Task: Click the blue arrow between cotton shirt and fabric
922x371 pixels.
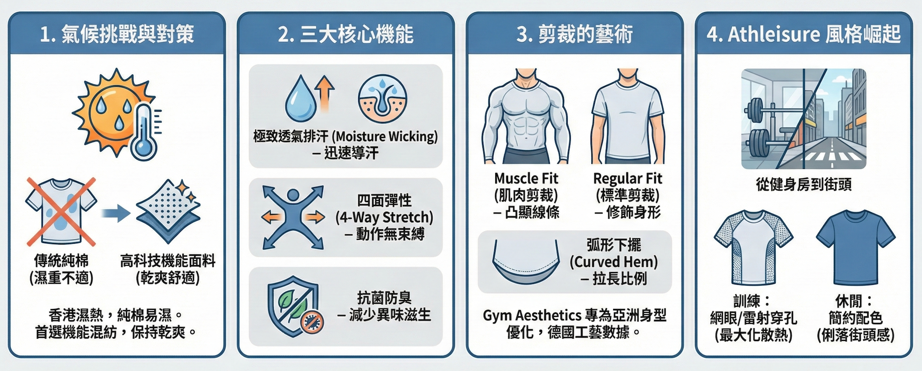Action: [115, 213]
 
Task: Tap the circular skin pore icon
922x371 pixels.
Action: [382, 99]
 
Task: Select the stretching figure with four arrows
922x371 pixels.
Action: [293, 217]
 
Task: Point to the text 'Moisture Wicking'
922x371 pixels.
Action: [384, 136]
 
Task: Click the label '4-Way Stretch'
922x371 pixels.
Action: [384, 217]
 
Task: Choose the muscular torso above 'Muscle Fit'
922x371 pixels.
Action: [526, 116]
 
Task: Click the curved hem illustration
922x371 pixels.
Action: [526, 261]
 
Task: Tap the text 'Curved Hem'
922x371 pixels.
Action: [614, 262]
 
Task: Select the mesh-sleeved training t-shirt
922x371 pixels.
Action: [753, 248]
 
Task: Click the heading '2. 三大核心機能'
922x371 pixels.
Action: [346, 34]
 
